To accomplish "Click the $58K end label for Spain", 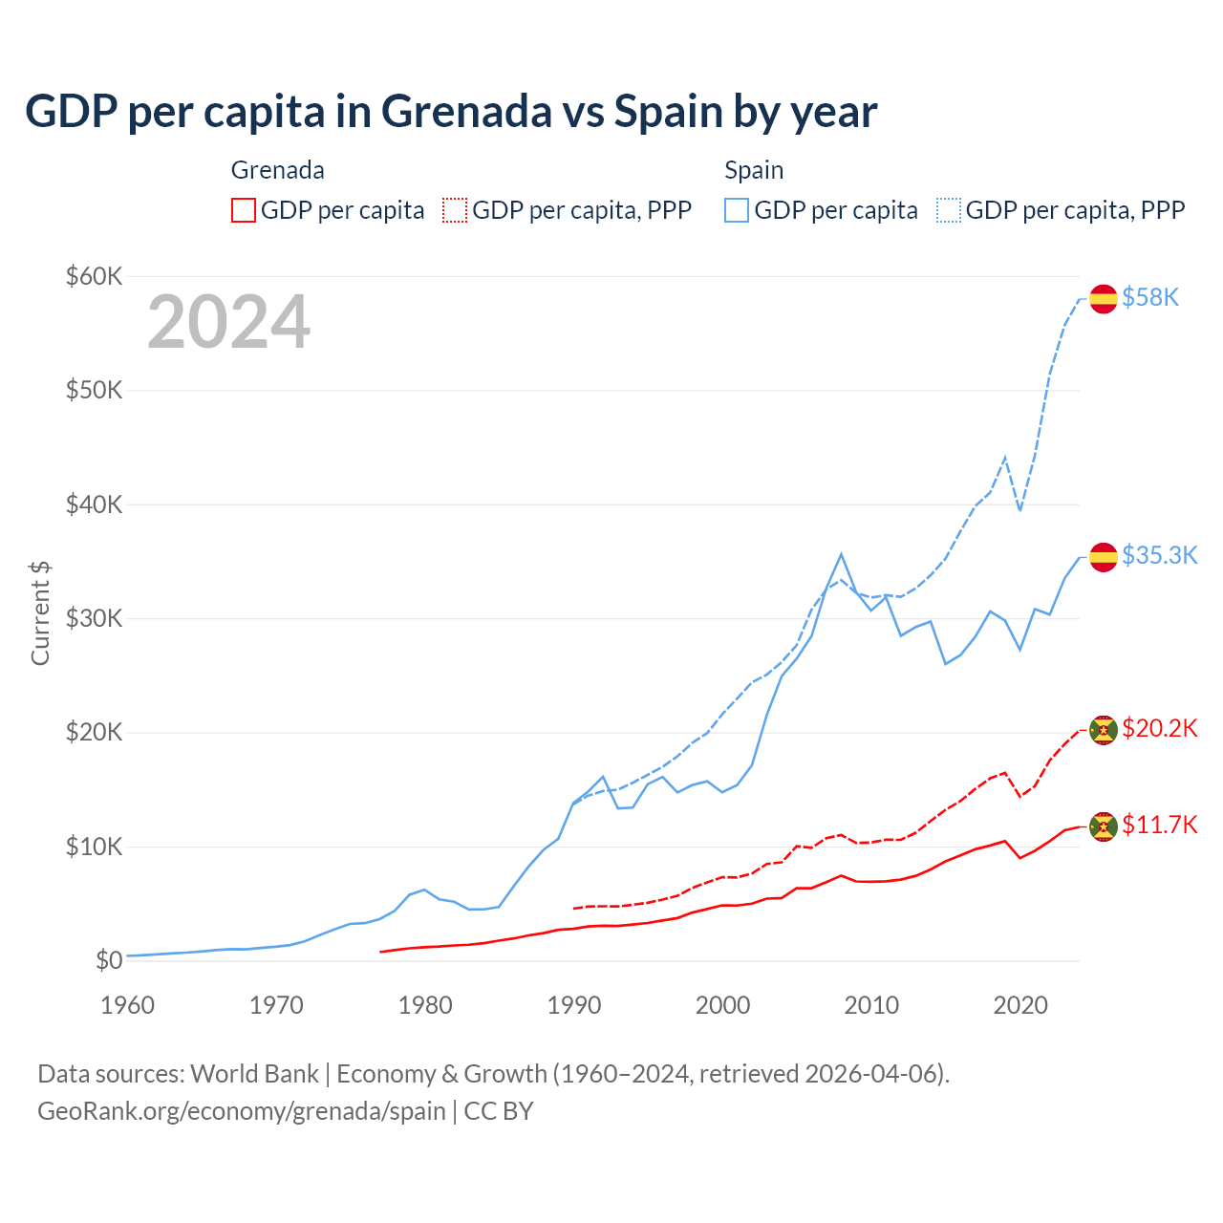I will click(1150, 298).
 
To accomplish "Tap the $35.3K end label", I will click(1159, 556).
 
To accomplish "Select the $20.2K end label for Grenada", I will click(1159, 729).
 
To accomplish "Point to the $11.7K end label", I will click(1159, 825).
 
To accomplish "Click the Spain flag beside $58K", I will click(1104, 298).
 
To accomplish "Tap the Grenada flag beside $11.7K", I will click(1104, 826).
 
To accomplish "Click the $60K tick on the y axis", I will click(94, 277).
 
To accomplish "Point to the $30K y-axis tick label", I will click(94, 619).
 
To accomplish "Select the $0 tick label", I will click(109, 960).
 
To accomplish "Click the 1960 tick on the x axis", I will click(127, 1005).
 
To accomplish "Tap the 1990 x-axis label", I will click(574, 1005).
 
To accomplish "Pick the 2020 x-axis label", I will click(1020, 1005).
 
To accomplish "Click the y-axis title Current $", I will click(40, 612).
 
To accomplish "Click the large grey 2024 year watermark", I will click(228, 322).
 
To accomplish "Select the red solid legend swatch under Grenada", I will click(244, 210).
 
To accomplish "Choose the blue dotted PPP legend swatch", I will click(949, 210).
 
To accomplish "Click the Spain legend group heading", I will click(754, 170).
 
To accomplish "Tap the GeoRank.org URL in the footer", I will click(242, 1111).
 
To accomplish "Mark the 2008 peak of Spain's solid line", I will click(841, 554).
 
